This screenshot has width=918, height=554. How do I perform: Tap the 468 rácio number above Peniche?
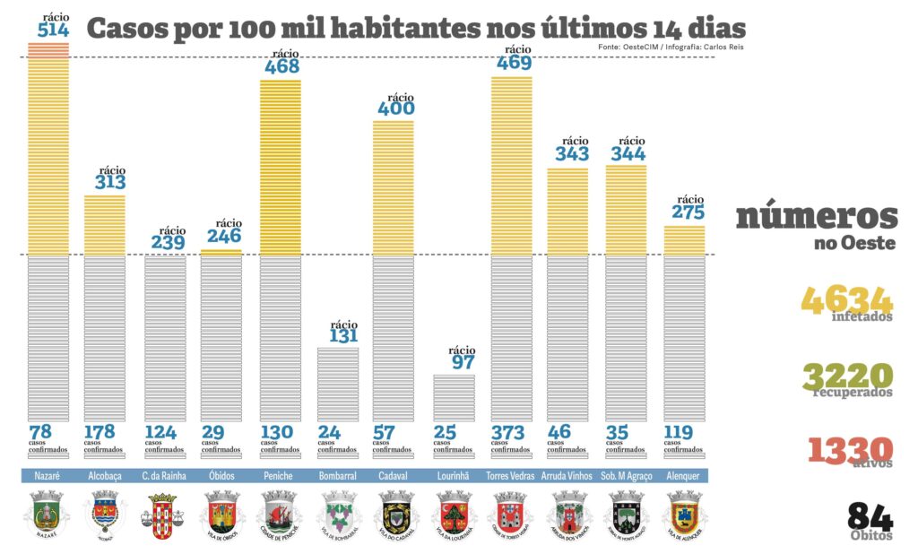click(281, 66)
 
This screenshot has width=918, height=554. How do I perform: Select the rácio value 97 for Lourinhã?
click(462, 362)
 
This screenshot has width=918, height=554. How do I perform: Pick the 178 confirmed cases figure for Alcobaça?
click(100, 432)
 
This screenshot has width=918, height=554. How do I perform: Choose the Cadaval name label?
click(394, 475)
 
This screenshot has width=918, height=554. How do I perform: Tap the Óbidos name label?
click(221, 475)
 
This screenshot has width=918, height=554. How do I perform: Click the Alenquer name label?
click(684, 475)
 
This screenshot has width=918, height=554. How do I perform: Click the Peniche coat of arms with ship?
click(279, 516)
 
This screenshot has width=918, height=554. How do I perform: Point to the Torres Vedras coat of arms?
click(510, 516)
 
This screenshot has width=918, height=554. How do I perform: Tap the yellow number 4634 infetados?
click(847, 299)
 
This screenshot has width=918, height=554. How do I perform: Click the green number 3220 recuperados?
click(847, 376)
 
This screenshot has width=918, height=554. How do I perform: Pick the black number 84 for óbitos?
click(870, 516)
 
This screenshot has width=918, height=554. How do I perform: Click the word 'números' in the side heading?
click(817, 216)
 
